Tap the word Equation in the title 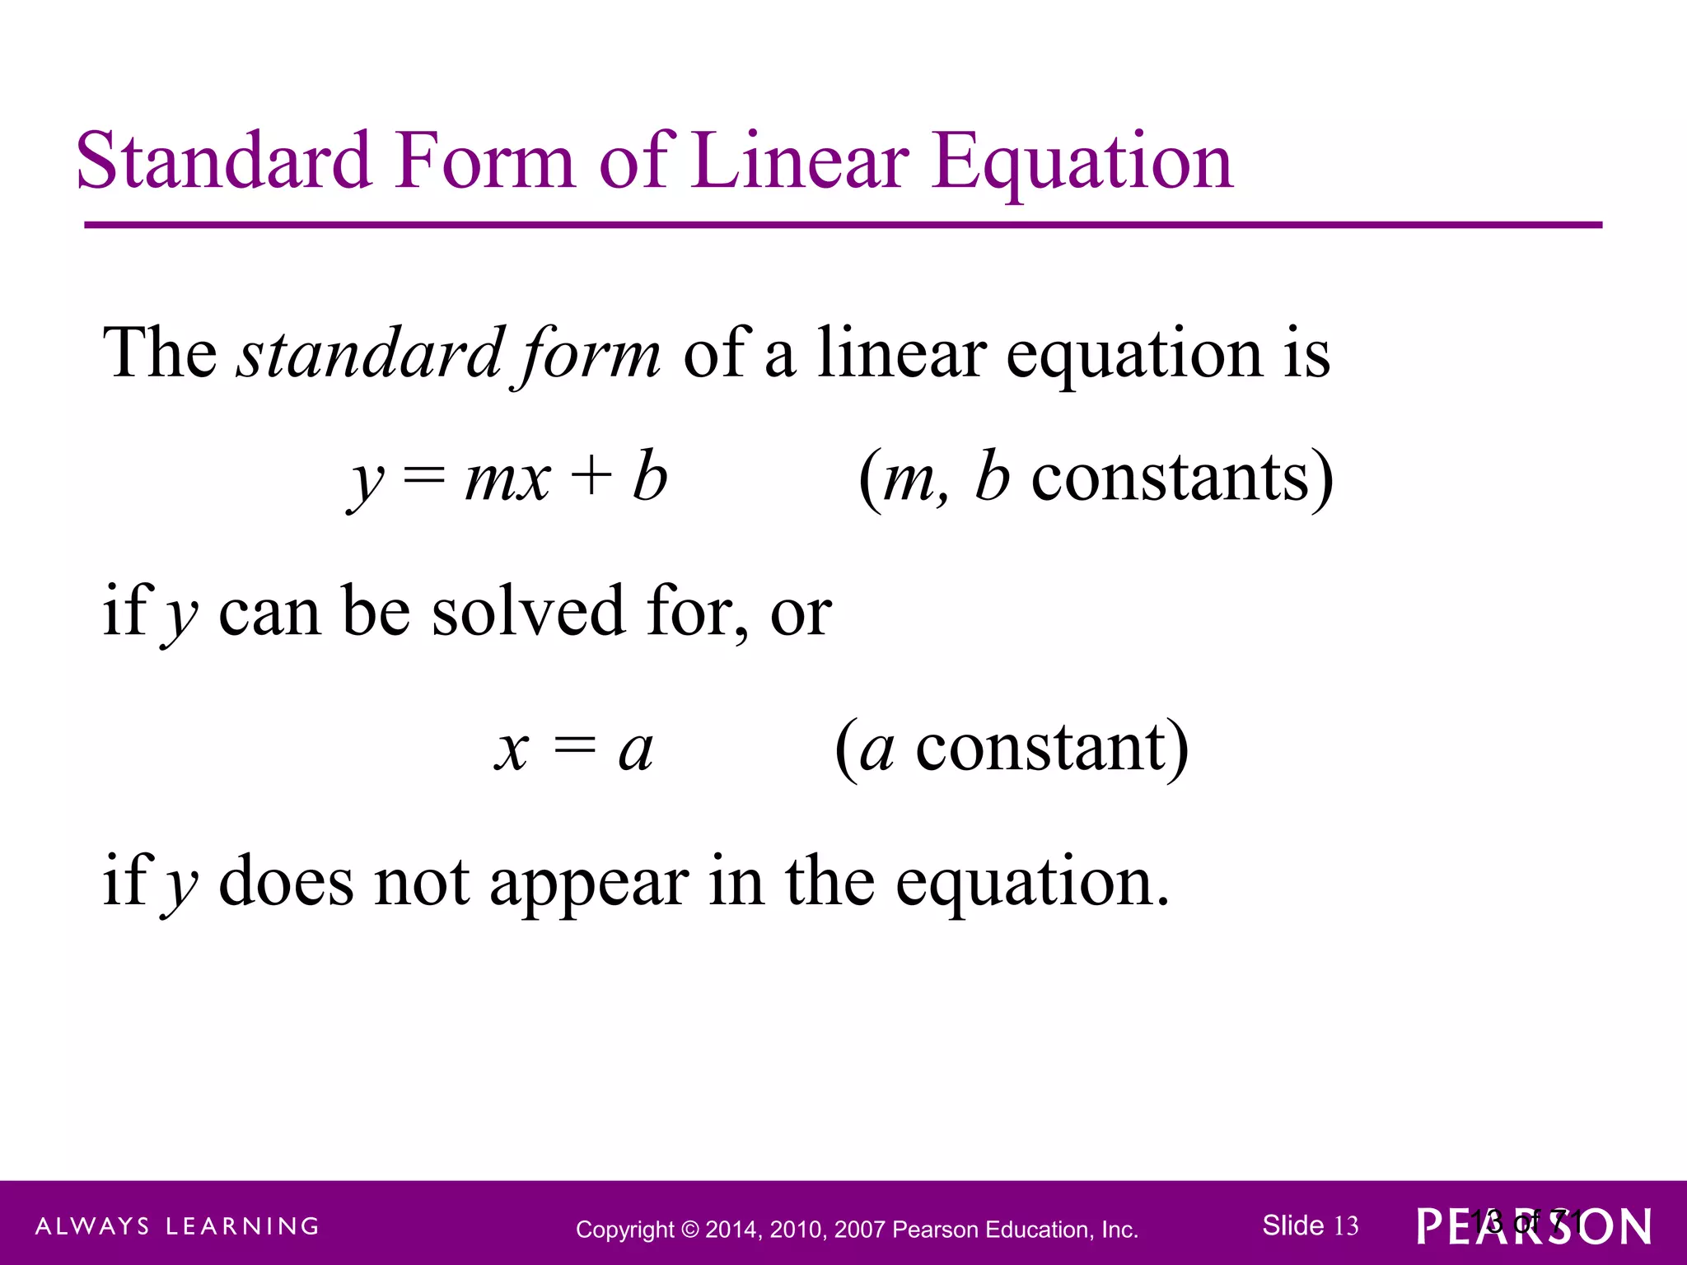(x=1082, y=162)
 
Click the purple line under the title (x=843, y=225)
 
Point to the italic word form (x=586, y=355)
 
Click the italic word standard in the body (x=370, y=353)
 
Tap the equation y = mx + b (x=507, y=478)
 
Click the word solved (x=528, y=612)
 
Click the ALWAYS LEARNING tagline (x=177, y=1226)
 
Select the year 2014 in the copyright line (x=731, y=1230)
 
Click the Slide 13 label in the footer (x=1310, y=1226)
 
